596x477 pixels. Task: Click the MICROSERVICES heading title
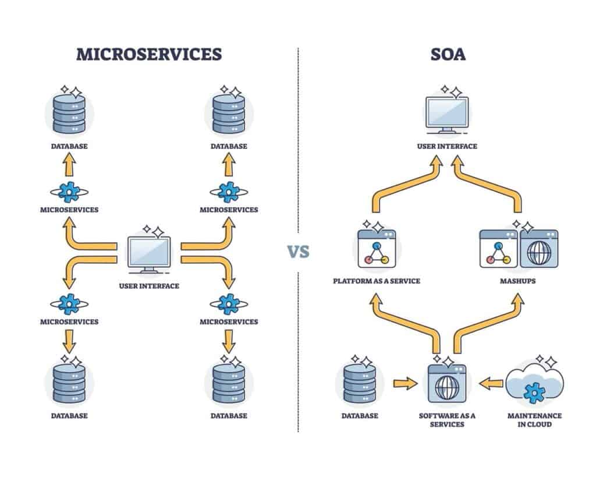click(149, 54)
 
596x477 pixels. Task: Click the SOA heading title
click(447, 54)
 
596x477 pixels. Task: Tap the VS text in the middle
click(298, 252)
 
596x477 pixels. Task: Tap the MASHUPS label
click(518, 281)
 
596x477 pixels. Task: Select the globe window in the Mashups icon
click(538, 249)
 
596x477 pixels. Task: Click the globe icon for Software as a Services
click(447, 384)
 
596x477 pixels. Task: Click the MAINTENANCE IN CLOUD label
click(534, 420)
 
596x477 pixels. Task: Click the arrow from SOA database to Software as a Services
click(405, 383)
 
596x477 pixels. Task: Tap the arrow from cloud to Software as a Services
click(491, 383)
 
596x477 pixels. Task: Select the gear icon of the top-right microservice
click(229, 192)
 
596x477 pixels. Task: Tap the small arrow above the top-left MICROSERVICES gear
click(69, 167)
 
